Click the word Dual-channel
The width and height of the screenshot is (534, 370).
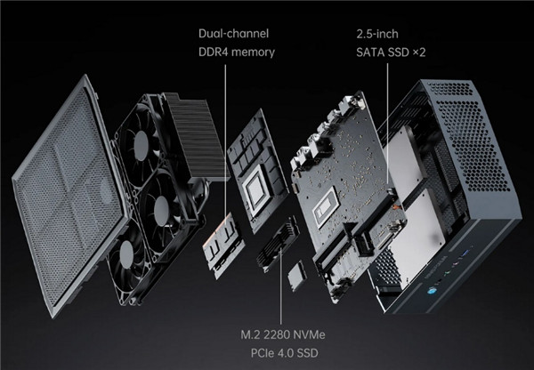tap(233, 34)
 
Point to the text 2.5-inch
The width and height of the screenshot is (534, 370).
tap(377, 34)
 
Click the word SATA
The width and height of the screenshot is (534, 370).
tap(370, 52)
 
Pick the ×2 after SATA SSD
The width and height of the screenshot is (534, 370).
tap(419, 52)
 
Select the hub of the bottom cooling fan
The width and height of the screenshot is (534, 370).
tap(126, 253)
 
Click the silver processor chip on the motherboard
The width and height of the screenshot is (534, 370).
tap(326, 212)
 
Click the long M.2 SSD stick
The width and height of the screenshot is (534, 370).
tap(278, 244)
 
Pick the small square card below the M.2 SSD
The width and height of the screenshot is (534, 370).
tap(296, 276)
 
